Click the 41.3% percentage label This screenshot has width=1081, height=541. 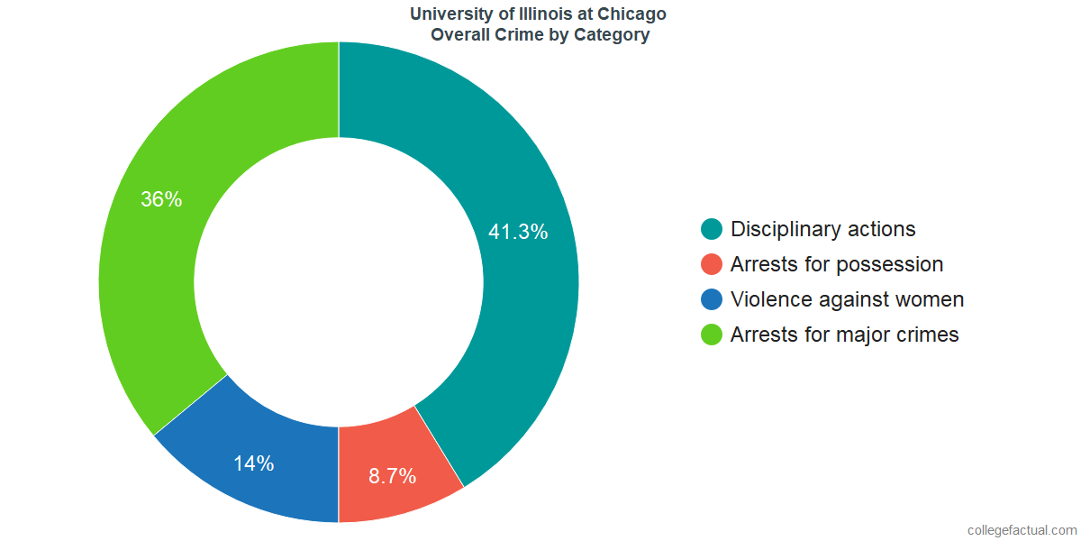(x=518, y=232)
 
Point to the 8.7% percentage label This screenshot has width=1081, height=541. (x=392, y=476)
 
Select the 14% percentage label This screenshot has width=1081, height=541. (x=253, y=463)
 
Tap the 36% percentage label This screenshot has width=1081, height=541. (x=161, y=200)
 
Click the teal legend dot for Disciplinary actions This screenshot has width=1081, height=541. (x=712, y=229)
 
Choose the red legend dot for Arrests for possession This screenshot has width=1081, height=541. (x=712, y=264)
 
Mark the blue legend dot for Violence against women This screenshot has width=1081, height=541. (x=712, y=299)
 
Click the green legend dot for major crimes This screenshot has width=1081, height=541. (x=712, y=335)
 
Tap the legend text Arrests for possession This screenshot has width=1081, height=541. (x=837, y=264)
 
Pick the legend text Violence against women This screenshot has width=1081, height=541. (x=847, y=299)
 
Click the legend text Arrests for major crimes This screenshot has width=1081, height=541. (x=844, y=335)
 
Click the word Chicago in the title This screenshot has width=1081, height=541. (x=634, y=14)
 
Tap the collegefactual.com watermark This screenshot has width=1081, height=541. (x=1021, y=529)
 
